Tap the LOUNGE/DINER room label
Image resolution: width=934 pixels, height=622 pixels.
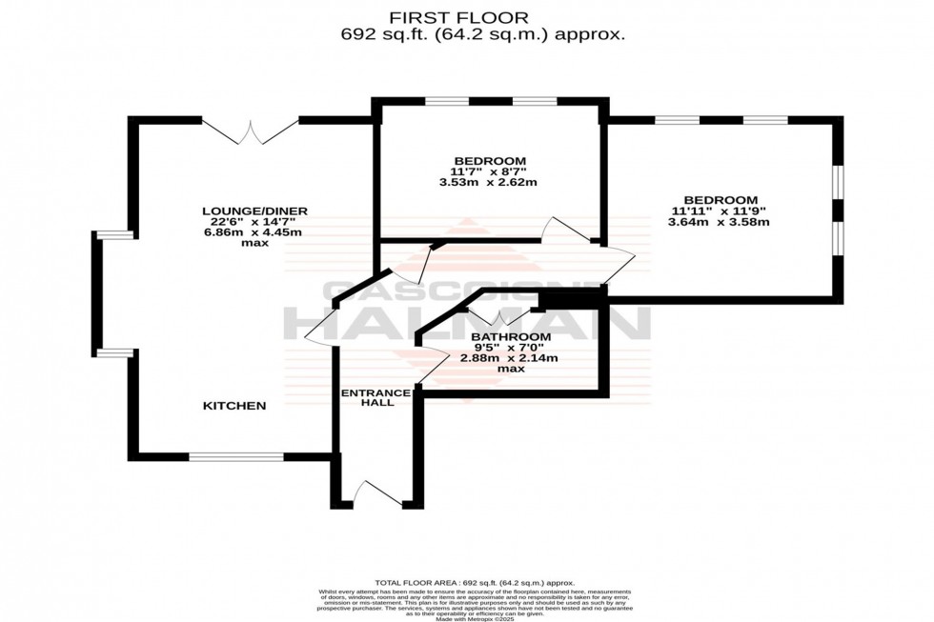coord(254,211)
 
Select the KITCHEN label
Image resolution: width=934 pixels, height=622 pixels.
coord(234,406)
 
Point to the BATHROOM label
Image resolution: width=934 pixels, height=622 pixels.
coord(511,337)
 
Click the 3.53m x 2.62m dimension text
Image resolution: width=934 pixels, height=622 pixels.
coord(489,182)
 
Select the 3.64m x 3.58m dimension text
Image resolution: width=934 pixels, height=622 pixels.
coord(720,222)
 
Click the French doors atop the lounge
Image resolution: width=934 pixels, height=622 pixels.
coord(251,131)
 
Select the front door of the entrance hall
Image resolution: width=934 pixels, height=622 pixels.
coord(371,492)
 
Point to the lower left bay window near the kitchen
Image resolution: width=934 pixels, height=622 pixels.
coord(115,353)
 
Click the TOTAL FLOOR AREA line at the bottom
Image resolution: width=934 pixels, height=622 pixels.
coord(476,582)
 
